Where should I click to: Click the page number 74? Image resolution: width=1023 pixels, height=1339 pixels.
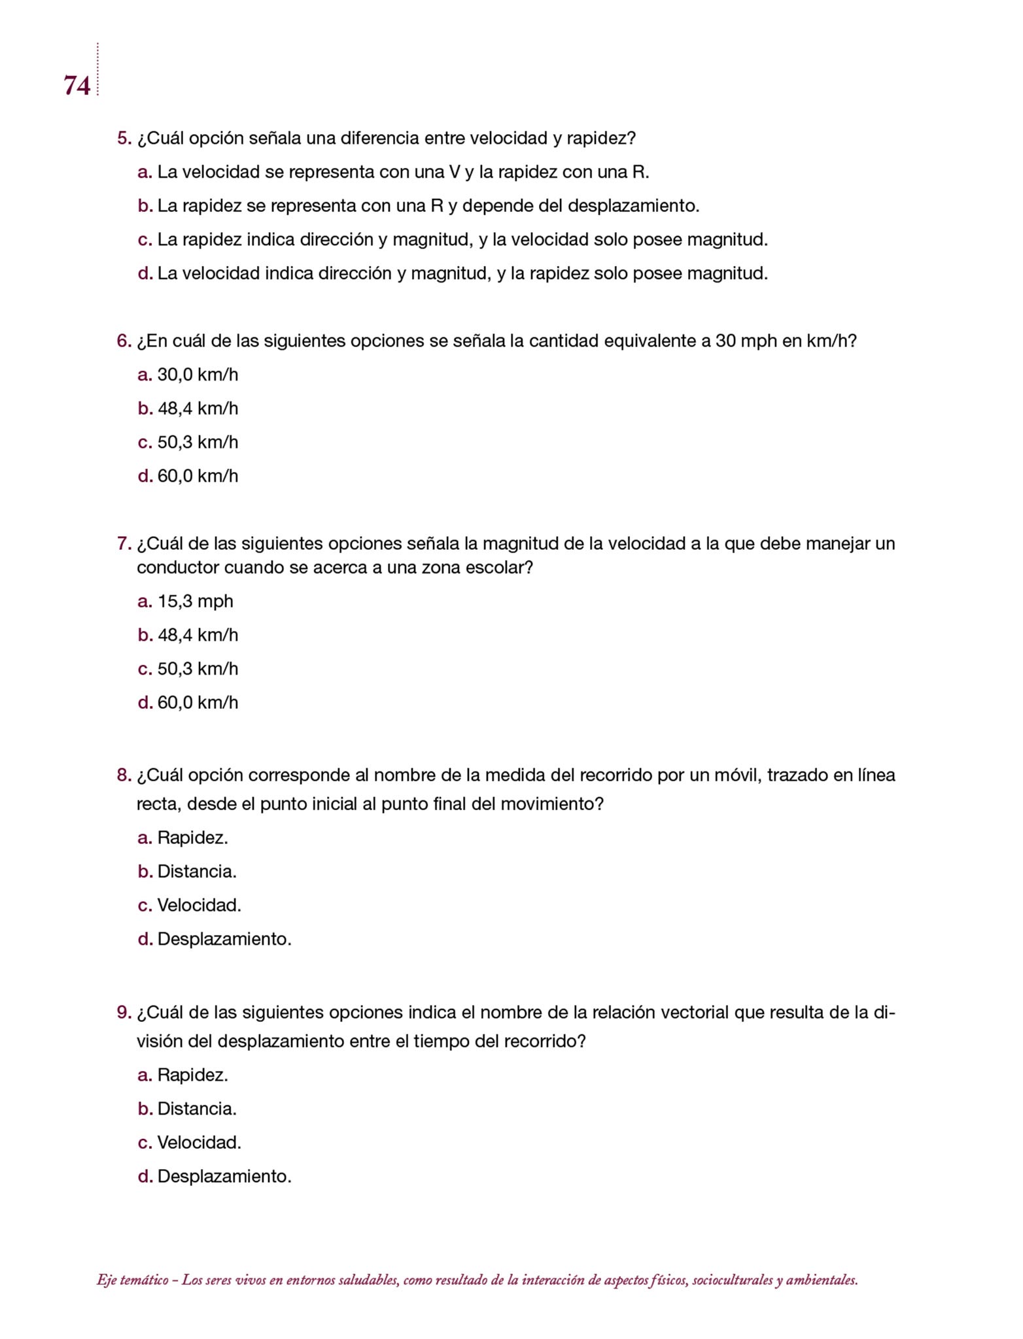[x=77, y=86]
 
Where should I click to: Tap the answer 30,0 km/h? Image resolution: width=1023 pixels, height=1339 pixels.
[x=198, y=375]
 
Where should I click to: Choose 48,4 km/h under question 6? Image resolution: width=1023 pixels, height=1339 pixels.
[x=198, y=409]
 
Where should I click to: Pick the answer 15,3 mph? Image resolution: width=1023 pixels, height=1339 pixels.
[x=195, y=601]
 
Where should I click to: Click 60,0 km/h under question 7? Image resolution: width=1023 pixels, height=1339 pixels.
[x=198, y=702]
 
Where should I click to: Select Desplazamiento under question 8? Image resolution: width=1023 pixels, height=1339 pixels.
[x=224, y=939]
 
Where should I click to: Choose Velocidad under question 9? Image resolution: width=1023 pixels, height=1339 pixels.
[x=199, y=1142]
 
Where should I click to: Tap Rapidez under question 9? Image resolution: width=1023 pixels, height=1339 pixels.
[x=192, y=1075]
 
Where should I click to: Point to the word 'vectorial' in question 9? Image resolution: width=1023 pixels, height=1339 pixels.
[x=694, y=1013]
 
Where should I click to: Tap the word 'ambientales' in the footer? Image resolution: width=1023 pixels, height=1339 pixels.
[x=820, y=1280]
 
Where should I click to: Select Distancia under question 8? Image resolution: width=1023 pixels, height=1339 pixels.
[x=196, y=872]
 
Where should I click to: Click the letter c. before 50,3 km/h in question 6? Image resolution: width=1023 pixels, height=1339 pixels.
[x=145, y=443]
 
